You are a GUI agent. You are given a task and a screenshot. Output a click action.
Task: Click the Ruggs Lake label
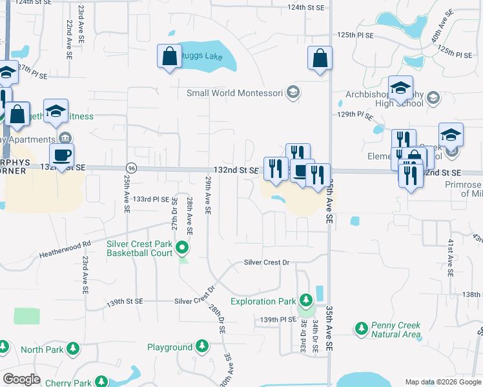pos(201,56)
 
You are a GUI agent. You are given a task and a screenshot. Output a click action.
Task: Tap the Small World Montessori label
pos(235,93)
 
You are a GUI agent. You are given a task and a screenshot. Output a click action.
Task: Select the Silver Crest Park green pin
pos(183,246)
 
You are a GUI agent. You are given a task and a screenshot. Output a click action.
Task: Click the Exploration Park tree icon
pos(305,301)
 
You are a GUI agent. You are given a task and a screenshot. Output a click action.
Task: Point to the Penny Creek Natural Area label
pos(396,330)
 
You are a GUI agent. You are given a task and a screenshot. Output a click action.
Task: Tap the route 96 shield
pos(131,168)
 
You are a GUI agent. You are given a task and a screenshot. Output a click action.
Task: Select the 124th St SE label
pos(305,7)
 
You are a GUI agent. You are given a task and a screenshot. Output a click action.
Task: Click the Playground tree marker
pos(202,347)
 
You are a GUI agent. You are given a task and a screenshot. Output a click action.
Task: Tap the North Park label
pos(42,350)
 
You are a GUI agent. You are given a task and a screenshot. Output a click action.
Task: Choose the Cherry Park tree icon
pos(101,382)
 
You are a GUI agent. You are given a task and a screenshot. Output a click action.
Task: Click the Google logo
pos(22,379)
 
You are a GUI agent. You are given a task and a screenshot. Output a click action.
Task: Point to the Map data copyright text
pos(442,382)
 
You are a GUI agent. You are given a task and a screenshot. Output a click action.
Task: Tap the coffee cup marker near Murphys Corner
pos(62,155)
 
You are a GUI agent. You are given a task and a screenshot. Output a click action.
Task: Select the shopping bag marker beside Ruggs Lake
pos(169,56)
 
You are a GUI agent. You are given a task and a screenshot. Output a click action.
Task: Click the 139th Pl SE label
pos(278,320)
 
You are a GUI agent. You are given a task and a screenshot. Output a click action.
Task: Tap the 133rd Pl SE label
pos(150,200)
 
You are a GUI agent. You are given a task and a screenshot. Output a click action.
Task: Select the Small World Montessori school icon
pos(293,93)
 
